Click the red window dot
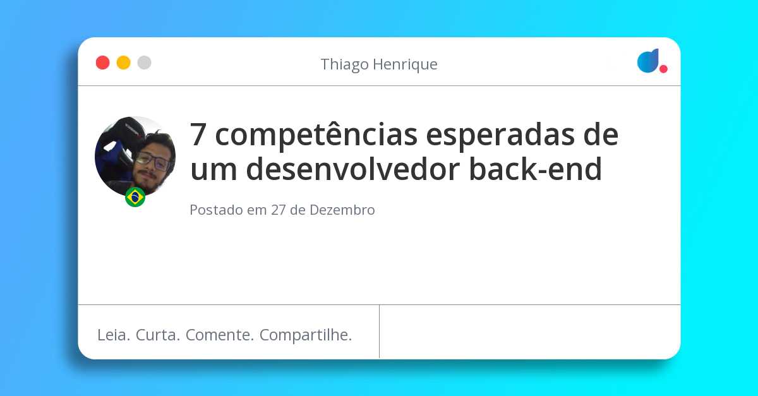[x=102, y=63]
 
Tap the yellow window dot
[x=123, y=63]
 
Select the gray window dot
[x=144, y=63]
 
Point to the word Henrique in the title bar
[x=406, y=64]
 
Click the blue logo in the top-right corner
[x=648, y=61]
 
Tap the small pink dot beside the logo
[x=663, y=69]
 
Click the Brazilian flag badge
[x=135, y=197]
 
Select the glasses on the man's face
[x=153, y=162]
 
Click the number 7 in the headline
[x=199, y=135]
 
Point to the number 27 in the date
[x=279, y=210]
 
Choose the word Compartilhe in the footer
[x=306, y=335]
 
